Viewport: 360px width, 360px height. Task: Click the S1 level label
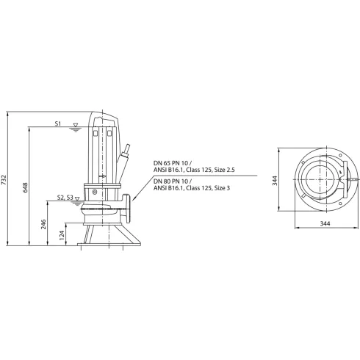[58, 126]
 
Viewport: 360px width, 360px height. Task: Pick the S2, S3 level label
[64, 198]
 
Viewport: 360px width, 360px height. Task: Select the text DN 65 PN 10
[171, 163]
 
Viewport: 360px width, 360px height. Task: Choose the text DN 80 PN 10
[171, 181]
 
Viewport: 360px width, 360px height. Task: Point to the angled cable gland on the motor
[127, 152]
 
